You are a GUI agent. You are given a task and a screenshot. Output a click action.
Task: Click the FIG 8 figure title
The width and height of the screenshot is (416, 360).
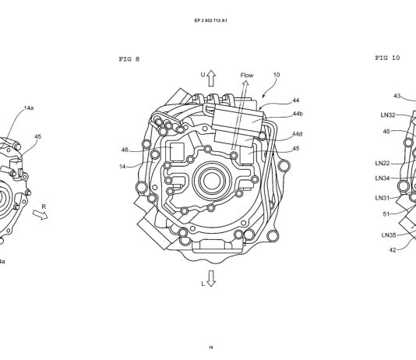tap(129, 59)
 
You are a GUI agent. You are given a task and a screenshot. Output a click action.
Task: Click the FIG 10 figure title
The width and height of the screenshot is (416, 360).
tap(387, 58)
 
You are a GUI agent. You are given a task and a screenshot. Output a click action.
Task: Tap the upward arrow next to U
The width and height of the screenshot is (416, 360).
tap(211, 78)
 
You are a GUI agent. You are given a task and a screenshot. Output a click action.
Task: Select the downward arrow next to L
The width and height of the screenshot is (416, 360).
tap(211, 278)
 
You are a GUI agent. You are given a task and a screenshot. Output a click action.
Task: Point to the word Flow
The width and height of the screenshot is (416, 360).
tap(247, 76)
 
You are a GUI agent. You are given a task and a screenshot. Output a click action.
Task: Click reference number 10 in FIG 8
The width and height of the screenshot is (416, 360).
tap(277, 75)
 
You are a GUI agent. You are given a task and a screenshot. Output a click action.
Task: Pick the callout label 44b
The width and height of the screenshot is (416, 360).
tap(298, 114)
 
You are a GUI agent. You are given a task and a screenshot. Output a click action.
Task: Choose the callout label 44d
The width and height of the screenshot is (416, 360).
tap(297, 134)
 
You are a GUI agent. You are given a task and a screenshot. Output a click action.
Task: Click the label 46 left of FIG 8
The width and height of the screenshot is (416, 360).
tap(125, 150)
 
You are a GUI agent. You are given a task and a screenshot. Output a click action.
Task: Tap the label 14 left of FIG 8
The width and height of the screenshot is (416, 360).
tap(122, 167)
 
